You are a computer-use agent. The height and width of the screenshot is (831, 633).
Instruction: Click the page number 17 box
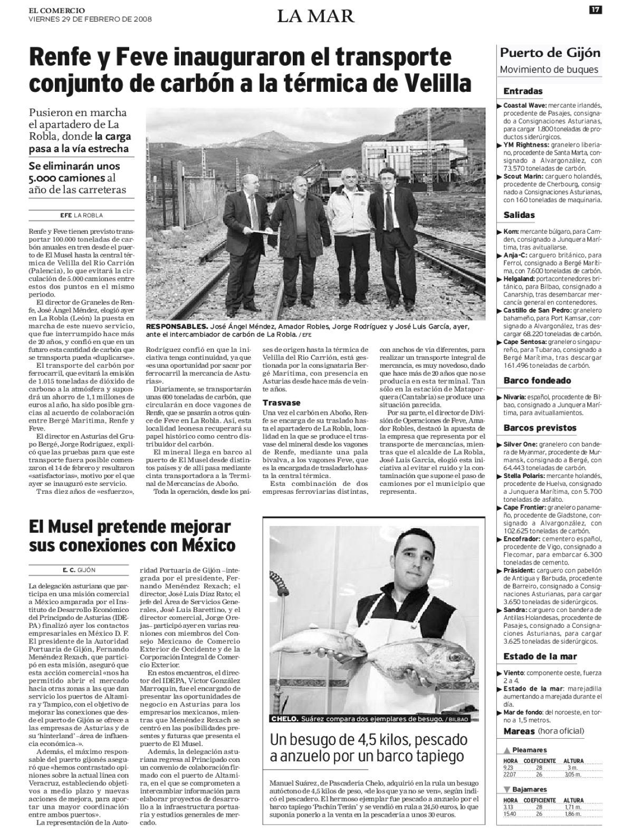tap(596, 9)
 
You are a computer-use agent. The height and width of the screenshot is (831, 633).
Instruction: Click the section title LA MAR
tap(316, 16)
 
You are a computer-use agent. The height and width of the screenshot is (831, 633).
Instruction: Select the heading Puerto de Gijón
tap(550, 53)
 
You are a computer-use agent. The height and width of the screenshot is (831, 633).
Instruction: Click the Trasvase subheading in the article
tap(281, 403)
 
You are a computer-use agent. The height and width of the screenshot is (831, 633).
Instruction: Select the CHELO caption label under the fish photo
tap(284, 719)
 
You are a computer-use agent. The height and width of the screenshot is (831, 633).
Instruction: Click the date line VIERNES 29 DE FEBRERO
tap(90, 18)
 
